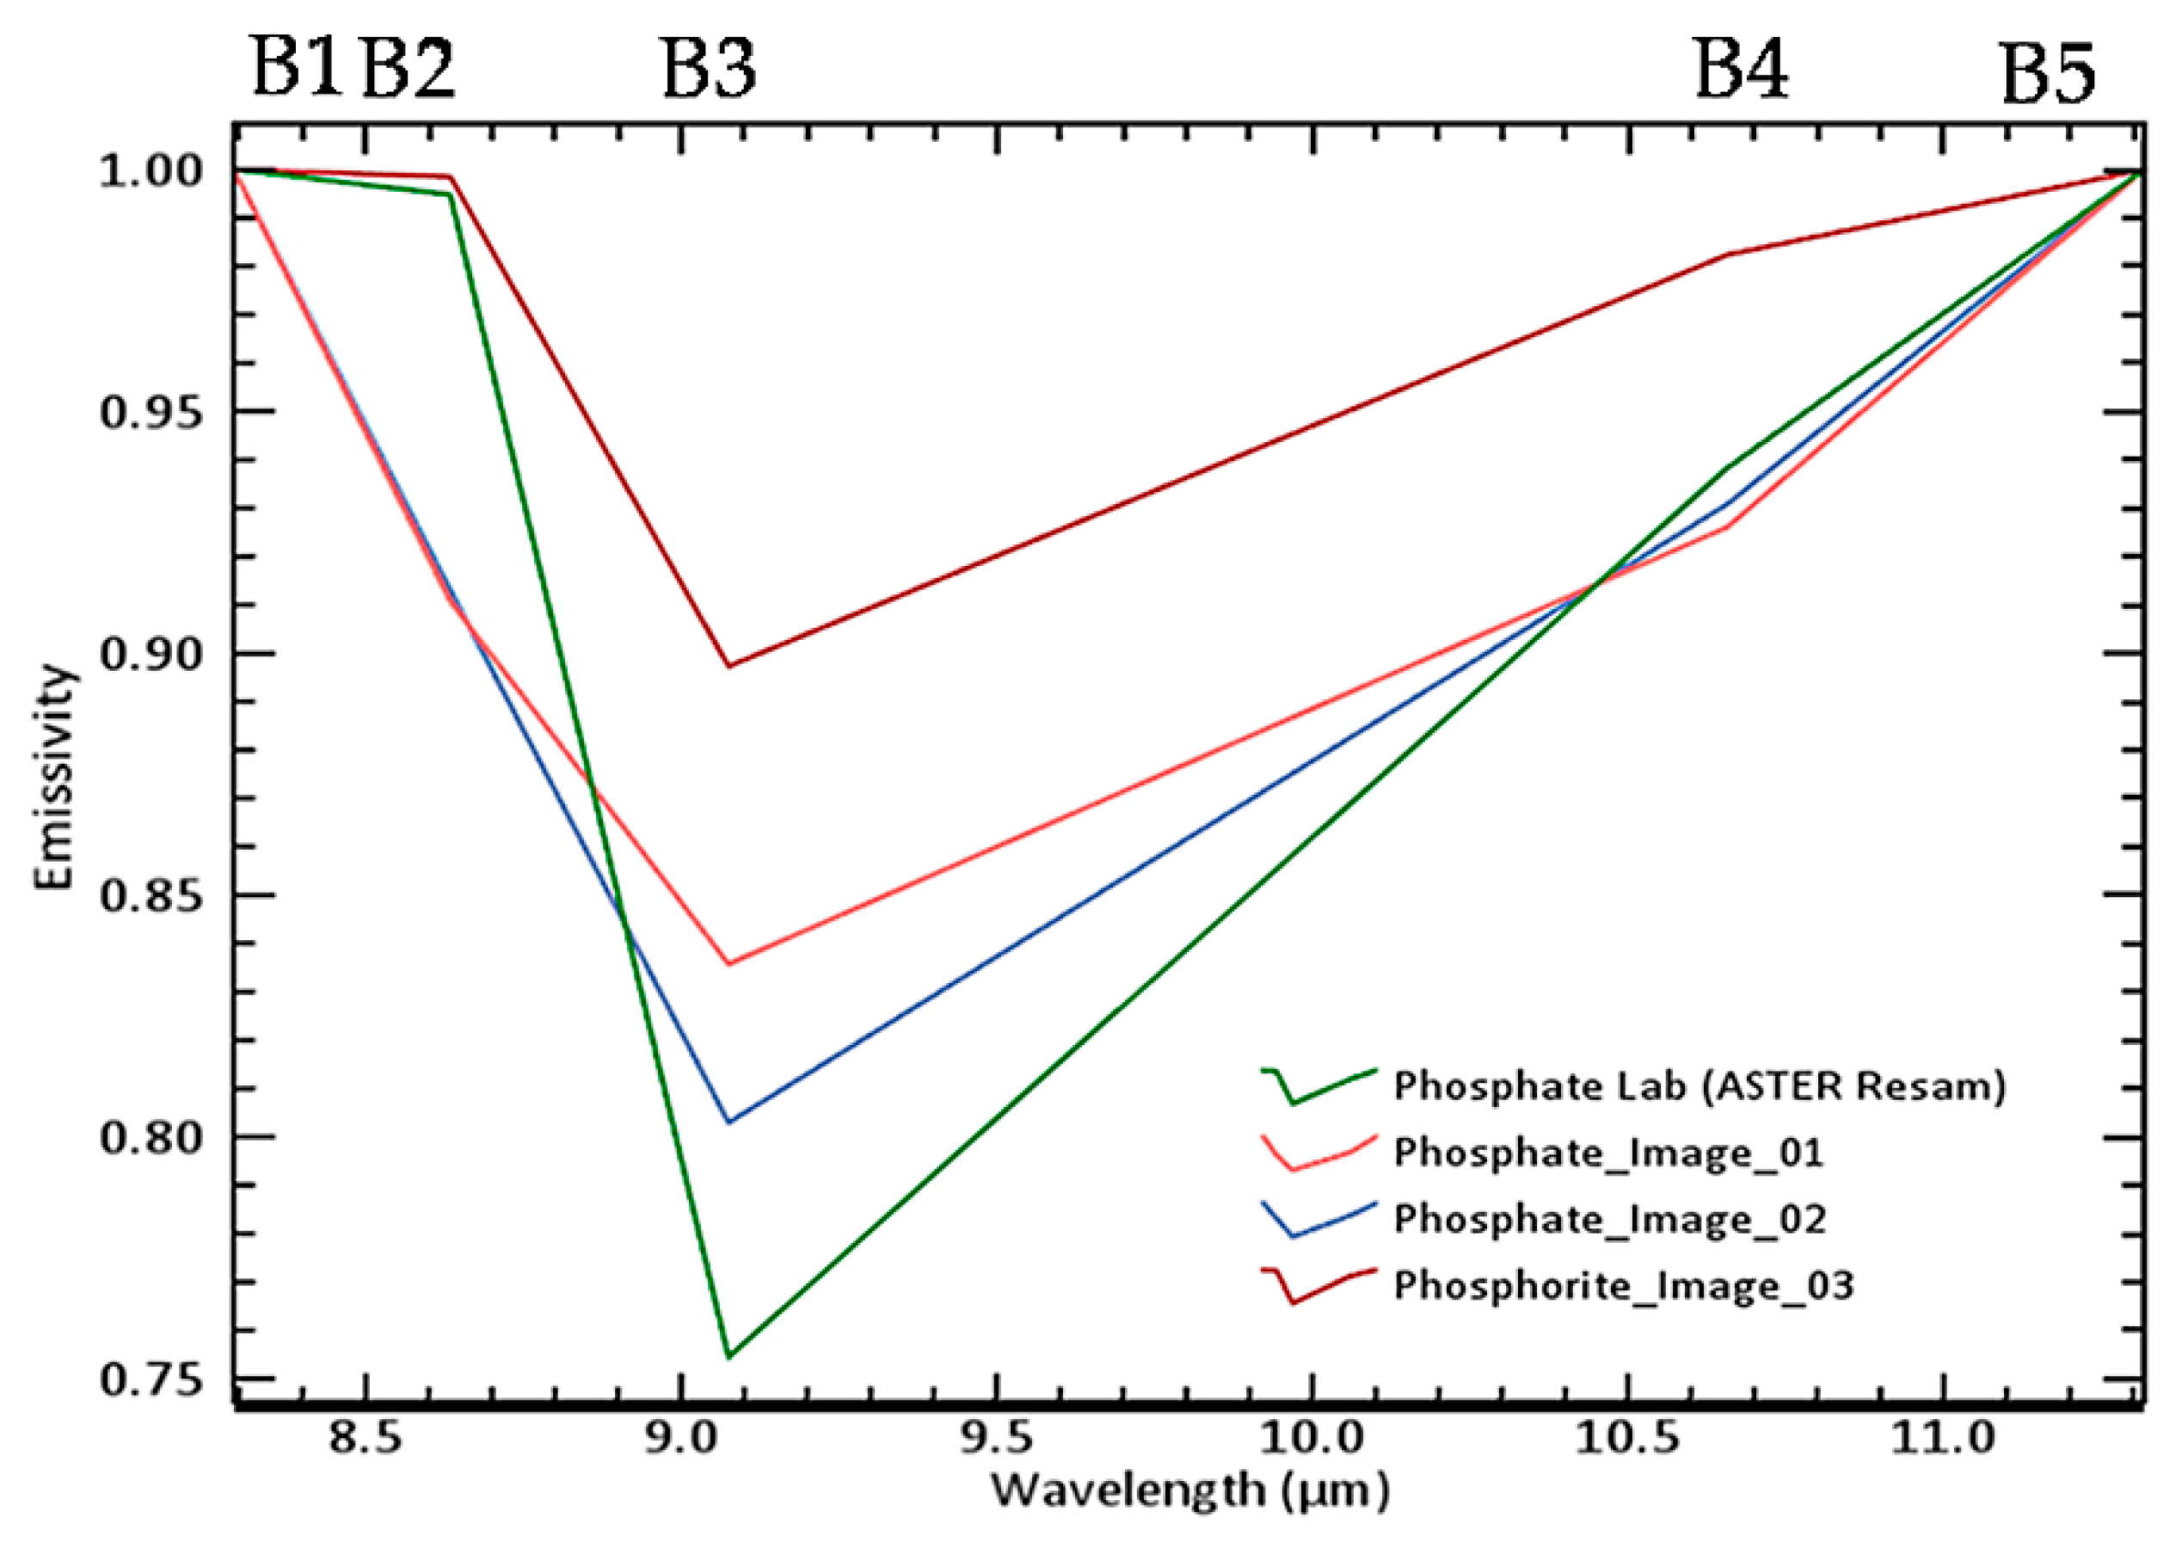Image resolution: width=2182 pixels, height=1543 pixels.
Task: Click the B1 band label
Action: (296, 69)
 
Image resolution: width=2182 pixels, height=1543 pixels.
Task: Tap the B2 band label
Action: (409, 69)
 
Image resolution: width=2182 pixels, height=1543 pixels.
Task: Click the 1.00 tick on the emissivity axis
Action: (152, 172)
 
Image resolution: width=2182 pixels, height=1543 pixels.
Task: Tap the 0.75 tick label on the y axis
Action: (152, 1379)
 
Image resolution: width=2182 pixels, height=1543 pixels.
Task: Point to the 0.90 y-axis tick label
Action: (152, 654)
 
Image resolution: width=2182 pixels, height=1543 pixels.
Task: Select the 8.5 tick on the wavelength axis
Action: (366, 1437)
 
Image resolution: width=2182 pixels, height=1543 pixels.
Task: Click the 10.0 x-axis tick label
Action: (1312, 1437)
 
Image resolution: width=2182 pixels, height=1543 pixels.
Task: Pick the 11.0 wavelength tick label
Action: (1943, 1437)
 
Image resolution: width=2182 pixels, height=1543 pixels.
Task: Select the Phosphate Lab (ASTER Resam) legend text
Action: (1700, 1085)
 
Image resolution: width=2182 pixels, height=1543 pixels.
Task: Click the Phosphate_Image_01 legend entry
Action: (1609, 1152)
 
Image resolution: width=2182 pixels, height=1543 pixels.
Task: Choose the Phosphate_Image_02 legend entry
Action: (1610, 1218)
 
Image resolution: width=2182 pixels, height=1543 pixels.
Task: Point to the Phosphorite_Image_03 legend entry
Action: (1623, 1285)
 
